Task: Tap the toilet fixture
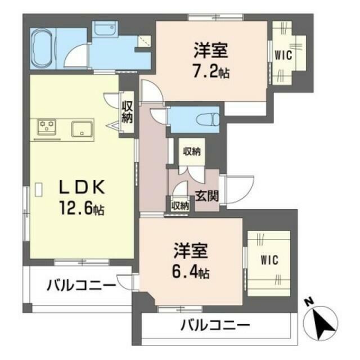pyautogui.click(x=208, y=119)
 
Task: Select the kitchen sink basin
pyautogui.click(x=83, y=129)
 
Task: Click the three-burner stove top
pyautogui.click(x=47, y=127)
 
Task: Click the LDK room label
pyautogui.click(x=82, y=187)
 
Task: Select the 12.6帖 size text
pyautogui.click(x=82, y=208)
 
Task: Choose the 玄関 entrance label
pyautogui.click(x=207, y=196)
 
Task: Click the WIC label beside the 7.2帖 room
pyautogui.click(x=283, y=55)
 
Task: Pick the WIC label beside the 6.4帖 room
pyautogui.click(x=269, y=260)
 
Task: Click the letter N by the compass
pyautogui.click(x=308, y=301)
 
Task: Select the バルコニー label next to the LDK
pyautogui.click(x=81, y=286)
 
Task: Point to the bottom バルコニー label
pyautogui.click(x=215, y=325)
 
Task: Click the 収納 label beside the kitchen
pyautogui.click(x=127, y=112)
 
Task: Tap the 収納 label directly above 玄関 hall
pyautogui.click(x=192, y=151)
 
